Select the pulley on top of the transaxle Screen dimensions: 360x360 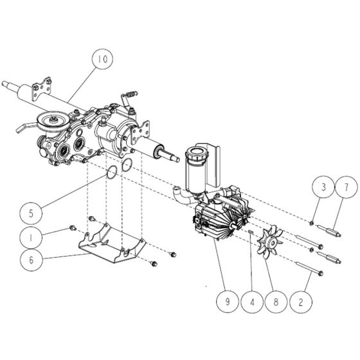click(50, 123)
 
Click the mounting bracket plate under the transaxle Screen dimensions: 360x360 click(111, 244)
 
